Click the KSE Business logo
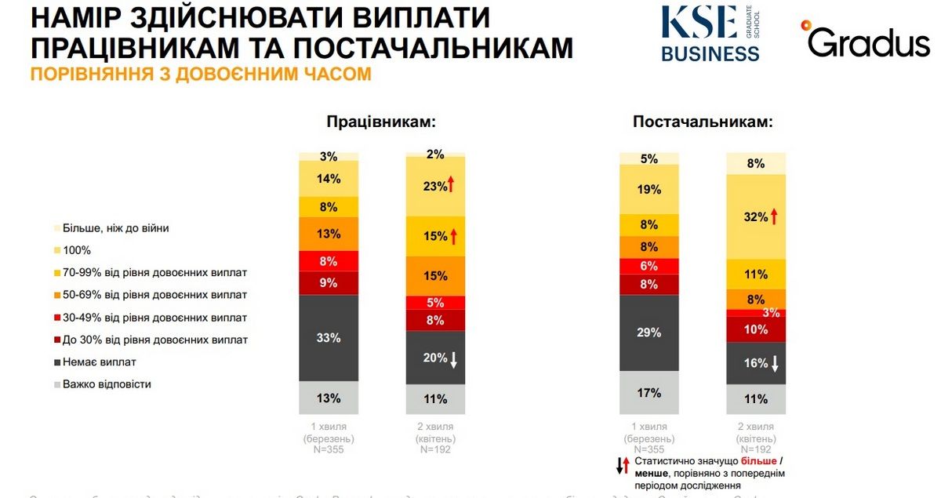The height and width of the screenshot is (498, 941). [710, 34]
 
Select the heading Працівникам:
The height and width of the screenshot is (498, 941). [381, 122]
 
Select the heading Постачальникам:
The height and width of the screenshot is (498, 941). [703, 122]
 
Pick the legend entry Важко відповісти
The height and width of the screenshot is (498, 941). [107, 384]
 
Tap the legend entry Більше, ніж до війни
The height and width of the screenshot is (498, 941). [116, 228]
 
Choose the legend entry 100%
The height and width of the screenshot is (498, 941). [78, 250]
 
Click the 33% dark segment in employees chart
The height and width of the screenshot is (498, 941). [329, 338]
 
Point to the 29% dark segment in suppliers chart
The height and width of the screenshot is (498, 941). [649, 333]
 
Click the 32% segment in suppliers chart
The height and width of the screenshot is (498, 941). [756, 217]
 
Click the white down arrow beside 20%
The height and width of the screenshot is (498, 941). [452, 358]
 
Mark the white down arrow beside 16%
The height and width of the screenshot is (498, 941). [773, 364]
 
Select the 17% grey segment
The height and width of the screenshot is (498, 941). [649, 393]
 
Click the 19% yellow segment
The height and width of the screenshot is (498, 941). [649, 190]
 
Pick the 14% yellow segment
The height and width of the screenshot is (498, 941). [329, 179]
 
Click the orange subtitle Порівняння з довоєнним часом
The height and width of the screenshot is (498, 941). [200, 75]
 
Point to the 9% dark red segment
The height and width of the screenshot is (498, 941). [329, 282]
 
